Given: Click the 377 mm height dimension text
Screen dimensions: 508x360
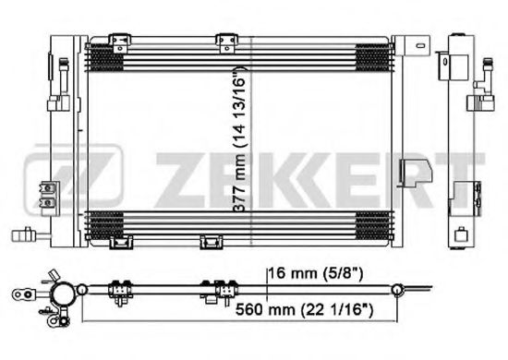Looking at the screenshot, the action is coord(239,139).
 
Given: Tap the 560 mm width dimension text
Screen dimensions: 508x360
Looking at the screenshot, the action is coord(304,310).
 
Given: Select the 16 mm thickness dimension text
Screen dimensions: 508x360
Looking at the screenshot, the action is coord(316,274).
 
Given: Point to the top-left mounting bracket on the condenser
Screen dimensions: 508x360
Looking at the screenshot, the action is coord(119,43).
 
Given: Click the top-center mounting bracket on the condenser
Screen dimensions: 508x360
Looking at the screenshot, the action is coord(227,43).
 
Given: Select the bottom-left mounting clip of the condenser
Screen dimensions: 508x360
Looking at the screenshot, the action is coord(121,242).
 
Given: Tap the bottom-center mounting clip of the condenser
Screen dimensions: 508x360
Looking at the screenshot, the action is coord(212,242).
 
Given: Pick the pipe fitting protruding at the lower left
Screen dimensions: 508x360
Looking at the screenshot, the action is coord(28,234).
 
